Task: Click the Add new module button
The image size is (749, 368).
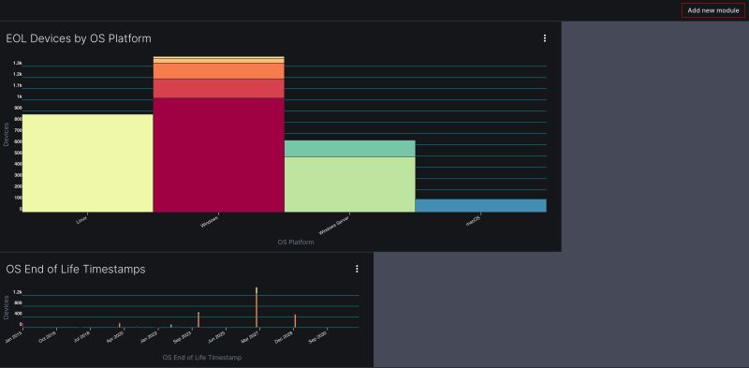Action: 713,10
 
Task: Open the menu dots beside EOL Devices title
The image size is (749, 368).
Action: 545,38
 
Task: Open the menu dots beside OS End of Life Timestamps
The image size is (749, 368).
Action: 357,269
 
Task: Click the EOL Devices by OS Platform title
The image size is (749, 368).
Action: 79,38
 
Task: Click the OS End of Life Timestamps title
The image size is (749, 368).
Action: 76,269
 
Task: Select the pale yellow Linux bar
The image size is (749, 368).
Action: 87,163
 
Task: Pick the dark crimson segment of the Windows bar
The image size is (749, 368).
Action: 218,155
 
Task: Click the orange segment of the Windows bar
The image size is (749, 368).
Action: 218,70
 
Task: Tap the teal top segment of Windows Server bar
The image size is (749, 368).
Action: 349,148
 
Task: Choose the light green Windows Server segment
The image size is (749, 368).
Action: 349,184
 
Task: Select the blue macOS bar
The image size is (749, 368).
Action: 480,205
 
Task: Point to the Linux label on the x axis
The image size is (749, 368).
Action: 81,219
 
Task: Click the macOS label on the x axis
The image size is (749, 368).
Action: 474,222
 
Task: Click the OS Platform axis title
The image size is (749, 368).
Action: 296,243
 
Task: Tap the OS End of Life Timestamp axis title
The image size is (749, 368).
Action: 202,358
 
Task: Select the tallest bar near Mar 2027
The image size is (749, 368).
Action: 257,307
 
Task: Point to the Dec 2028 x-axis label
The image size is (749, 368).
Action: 286,336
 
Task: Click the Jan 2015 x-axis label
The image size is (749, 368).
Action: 14,336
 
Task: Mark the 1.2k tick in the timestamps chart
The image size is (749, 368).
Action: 17,293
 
